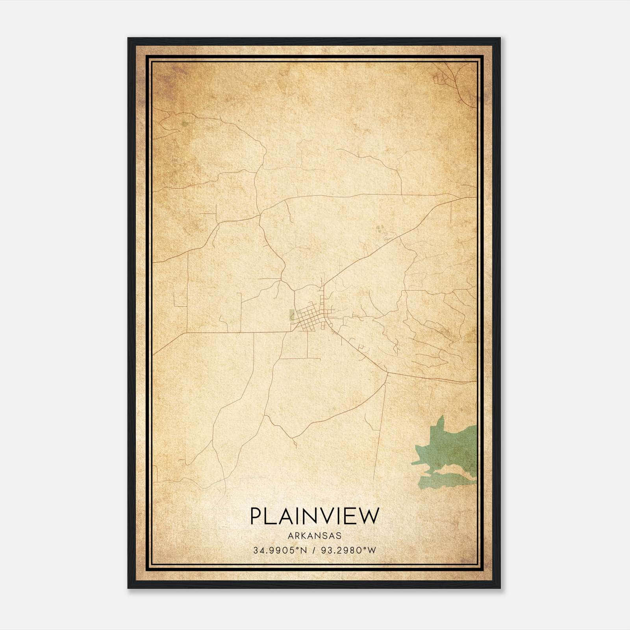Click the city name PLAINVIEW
coord(315,516)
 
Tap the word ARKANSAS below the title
coord(315,536)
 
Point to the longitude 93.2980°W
coord(348,550)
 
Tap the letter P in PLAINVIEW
coord(256,516)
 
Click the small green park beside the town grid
coord(292,315)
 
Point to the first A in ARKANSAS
coord(290,536)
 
